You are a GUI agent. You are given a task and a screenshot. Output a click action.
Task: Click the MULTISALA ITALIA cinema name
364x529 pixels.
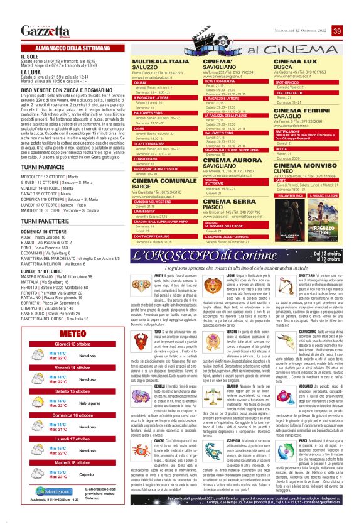pos(155,60)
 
